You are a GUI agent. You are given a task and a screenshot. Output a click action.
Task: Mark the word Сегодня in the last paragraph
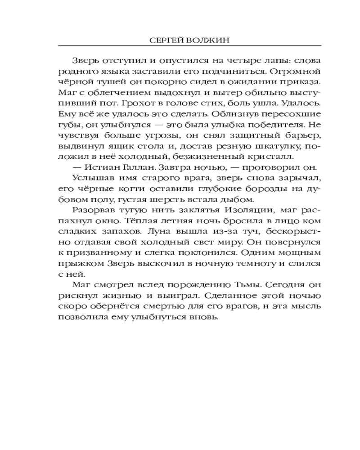tap(281, 284)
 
